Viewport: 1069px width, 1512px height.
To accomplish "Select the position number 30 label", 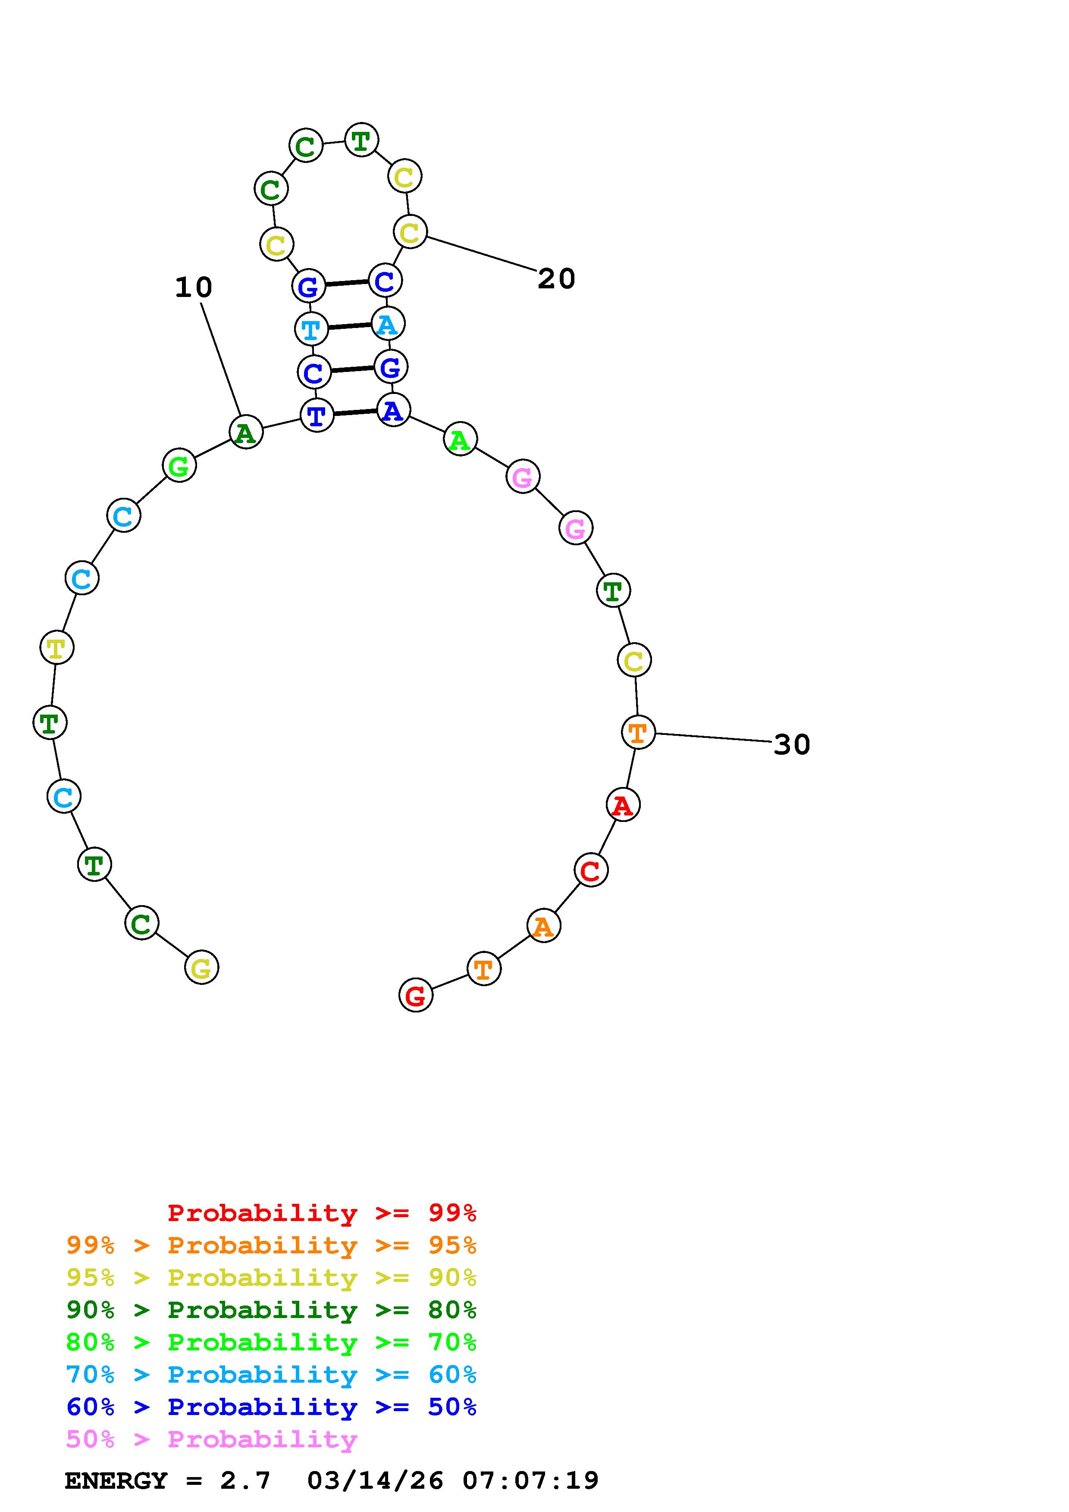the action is [792, 745].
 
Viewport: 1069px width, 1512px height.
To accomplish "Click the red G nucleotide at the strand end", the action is [416, 995].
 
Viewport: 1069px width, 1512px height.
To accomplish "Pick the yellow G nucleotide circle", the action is [201, 967].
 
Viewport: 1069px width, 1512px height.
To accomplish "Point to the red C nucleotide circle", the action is [591, 871].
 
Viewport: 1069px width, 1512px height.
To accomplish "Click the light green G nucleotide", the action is [179, 465].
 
